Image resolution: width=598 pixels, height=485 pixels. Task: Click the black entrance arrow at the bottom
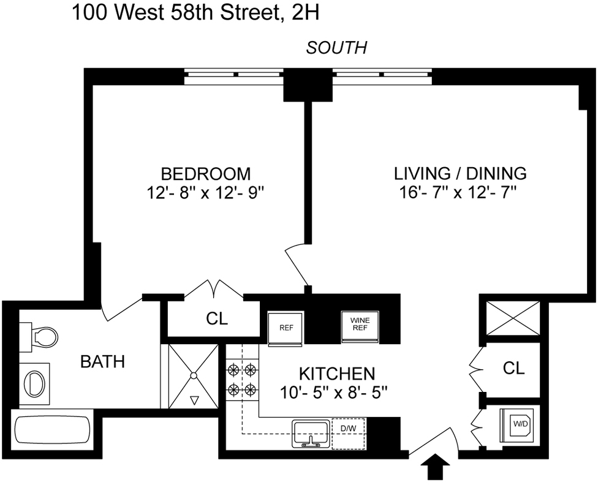tap(437, 469)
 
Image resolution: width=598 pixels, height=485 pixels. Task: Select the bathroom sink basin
tap(34, 383)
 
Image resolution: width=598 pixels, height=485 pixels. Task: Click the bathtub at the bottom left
tap(51, 432)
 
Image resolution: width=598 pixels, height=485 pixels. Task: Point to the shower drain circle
tap(194, 376)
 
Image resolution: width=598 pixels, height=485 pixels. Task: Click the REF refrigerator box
tap(286, 328)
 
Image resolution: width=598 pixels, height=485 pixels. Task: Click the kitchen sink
tap(311, 434)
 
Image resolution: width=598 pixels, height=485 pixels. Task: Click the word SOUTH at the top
tap(336, 48)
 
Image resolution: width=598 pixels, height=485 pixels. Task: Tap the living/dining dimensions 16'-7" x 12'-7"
tap(460, 193)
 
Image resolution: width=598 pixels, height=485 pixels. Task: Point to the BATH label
tap(103, 362)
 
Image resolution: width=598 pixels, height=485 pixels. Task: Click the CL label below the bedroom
tap(216, 319)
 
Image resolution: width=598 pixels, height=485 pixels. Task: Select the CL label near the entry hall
tap(514, 368)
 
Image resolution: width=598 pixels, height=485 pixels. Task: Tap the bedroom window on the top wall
tap(234, 76)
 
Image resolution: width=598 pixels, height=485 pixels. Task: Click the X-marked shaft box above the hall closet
tap(512, 318)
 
